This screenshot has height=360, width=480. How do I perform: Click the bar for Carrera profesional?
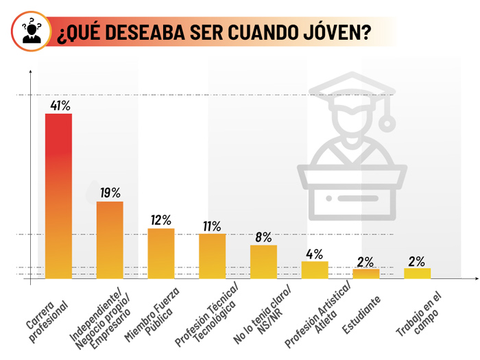tap(58, 195)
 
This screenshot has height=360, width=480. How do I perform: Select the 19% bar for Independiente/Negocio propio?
tap(110, 239)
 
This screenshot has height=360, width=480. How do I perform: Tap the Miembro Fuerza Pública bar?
tap(161, 252)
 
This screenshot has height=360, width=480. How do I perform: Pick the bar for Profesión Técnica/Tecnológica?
tap(213, 255)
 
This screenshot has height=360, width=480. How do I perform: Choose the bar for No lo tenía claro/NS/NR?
tap(263, 261)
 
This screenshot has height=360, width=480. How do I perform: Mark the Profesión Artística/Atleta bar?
tap(315, 269)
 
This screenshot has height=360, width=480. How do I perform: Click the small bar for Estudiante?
tap(366, 273)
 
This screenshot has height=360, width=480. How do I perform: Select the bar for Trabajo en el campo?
tap(417, 273)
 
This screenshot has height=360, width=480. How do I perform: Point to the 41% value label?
tap(60, 106)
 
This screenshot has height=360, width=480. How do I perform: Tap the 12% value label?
tap(161, 220)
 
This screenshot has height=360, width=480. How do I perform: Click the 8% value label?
tap(264, 237)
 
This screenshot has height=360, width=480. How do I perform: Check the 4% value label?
tap(314, 253)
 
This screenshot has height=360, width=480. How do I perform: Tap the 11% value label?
tap(212, 226)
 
